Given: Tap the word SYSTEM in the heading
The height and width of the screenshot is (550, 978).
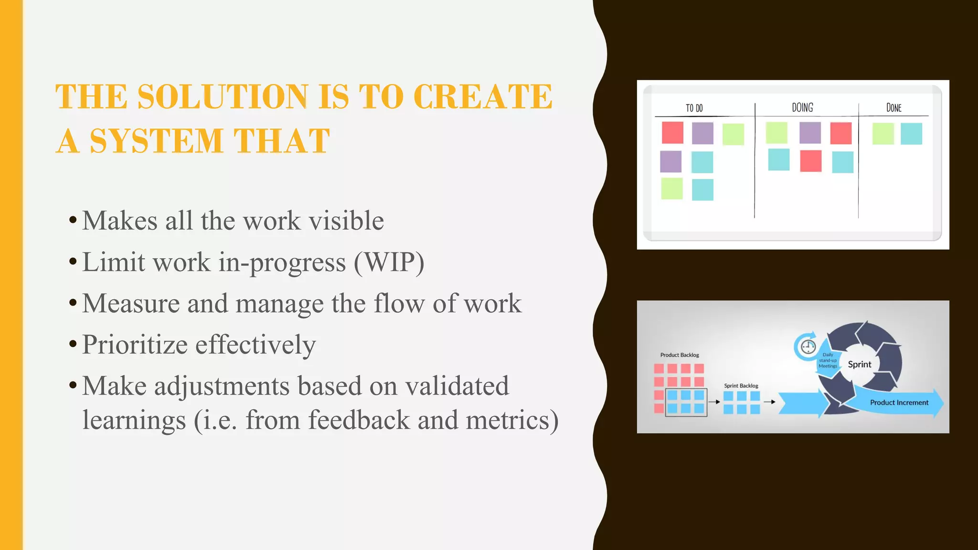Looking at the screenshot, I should coord(156,141).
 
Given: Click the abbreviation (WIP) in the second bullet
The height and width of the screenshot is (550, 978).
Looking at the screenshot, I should coord(389,262).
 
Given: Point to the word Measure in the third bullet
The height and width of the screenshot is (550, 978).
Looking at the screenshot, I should coord(130,304).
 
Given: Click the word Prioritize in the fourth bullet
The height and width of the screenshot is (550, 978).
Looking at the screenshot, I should coord(135,345).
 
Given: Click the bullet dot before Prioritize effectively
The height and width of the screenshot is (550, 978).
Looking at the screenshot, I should coord(73,344).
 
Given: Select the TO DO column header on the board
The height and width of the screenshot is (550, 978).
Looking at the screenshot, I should coord(694,108).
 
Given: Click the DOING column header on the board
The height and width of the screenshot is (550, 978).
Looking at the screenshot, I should coord(802,108).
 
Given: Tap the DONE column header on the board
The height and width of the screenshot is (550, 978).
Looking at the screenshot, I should coord(893,108).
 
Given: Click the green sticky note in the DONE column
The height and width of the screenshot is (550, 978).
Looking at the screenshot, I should coord(883,134).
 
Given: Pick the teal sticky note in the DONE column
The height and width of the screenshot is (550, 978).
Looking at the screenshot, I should coord(911,134).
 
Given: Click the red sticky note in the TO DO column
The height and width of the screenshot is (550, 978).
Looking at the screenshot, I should coord(672,133).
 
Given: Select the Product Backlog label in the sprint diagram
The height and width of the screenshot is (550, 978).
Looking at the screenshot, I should coord(680,355).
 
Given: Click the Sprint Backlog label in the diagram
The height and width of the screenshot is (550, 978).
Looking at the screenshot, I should coord(741,386).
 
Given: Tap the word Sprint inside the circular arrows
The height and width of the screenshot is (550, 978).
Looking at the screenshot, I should coord(859,365).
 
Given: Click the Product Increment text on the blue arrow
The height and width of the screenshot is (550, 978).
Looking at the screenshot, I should coord(899,403).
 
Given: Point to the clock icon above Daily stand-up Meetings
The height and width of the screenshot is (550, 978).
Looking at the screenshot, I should coord(808,347).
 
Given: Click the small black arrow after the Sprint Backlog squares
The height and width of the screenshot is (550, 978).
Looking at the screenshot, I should coord(769,402).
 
